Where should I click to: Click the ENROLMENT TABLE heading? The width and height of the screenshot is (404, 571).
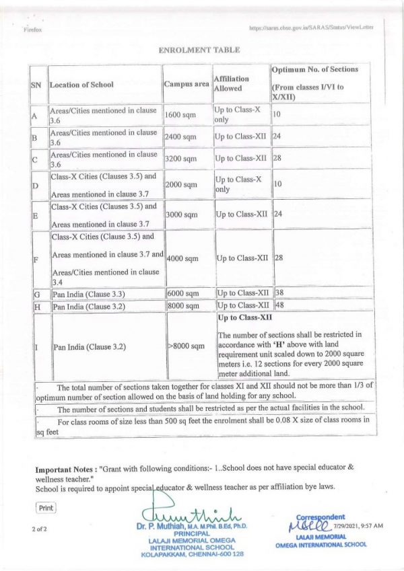[x=198, y=50]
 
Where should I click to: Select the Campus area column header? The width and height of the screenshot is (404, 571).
[x=186, y=85]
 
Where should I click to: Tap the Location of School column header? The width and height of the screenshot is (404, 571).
[x=81, y=85]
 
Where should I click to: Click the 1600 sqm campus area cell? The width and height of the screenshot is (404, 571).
[x=179, y=115]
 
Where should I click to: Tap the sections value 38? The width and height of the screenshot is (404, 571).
[x=279, y=293]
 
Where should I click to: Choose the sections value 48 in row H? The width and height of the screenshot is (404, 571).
[x=279, y=305]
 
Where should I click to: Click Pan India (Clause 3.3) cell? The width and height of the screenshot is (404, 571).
[x=88, y=295]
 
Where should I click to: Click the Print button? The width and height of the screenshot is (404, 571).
[x=46, y=508]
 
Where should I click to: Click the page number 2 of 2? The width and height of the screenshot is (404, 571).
[x=39, y=530]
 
